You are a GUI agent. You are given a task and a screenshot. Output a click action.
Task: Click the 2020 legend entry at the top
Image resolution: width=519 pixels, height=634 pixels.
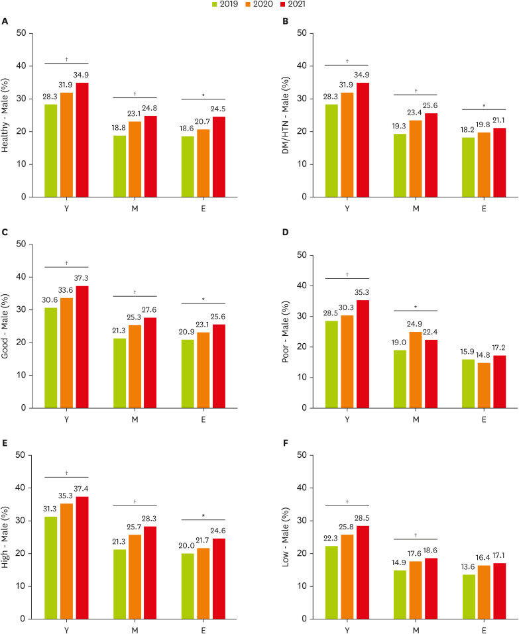coord(255,5)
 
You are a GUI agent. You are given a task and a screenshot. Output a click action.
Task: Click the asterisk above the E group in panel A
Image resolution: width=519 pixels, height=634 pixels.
coord(203,95)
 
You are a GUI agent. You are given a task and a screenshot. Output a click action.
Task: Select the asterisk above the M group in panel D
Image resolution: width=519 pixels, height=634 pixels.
coord(415,307)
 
